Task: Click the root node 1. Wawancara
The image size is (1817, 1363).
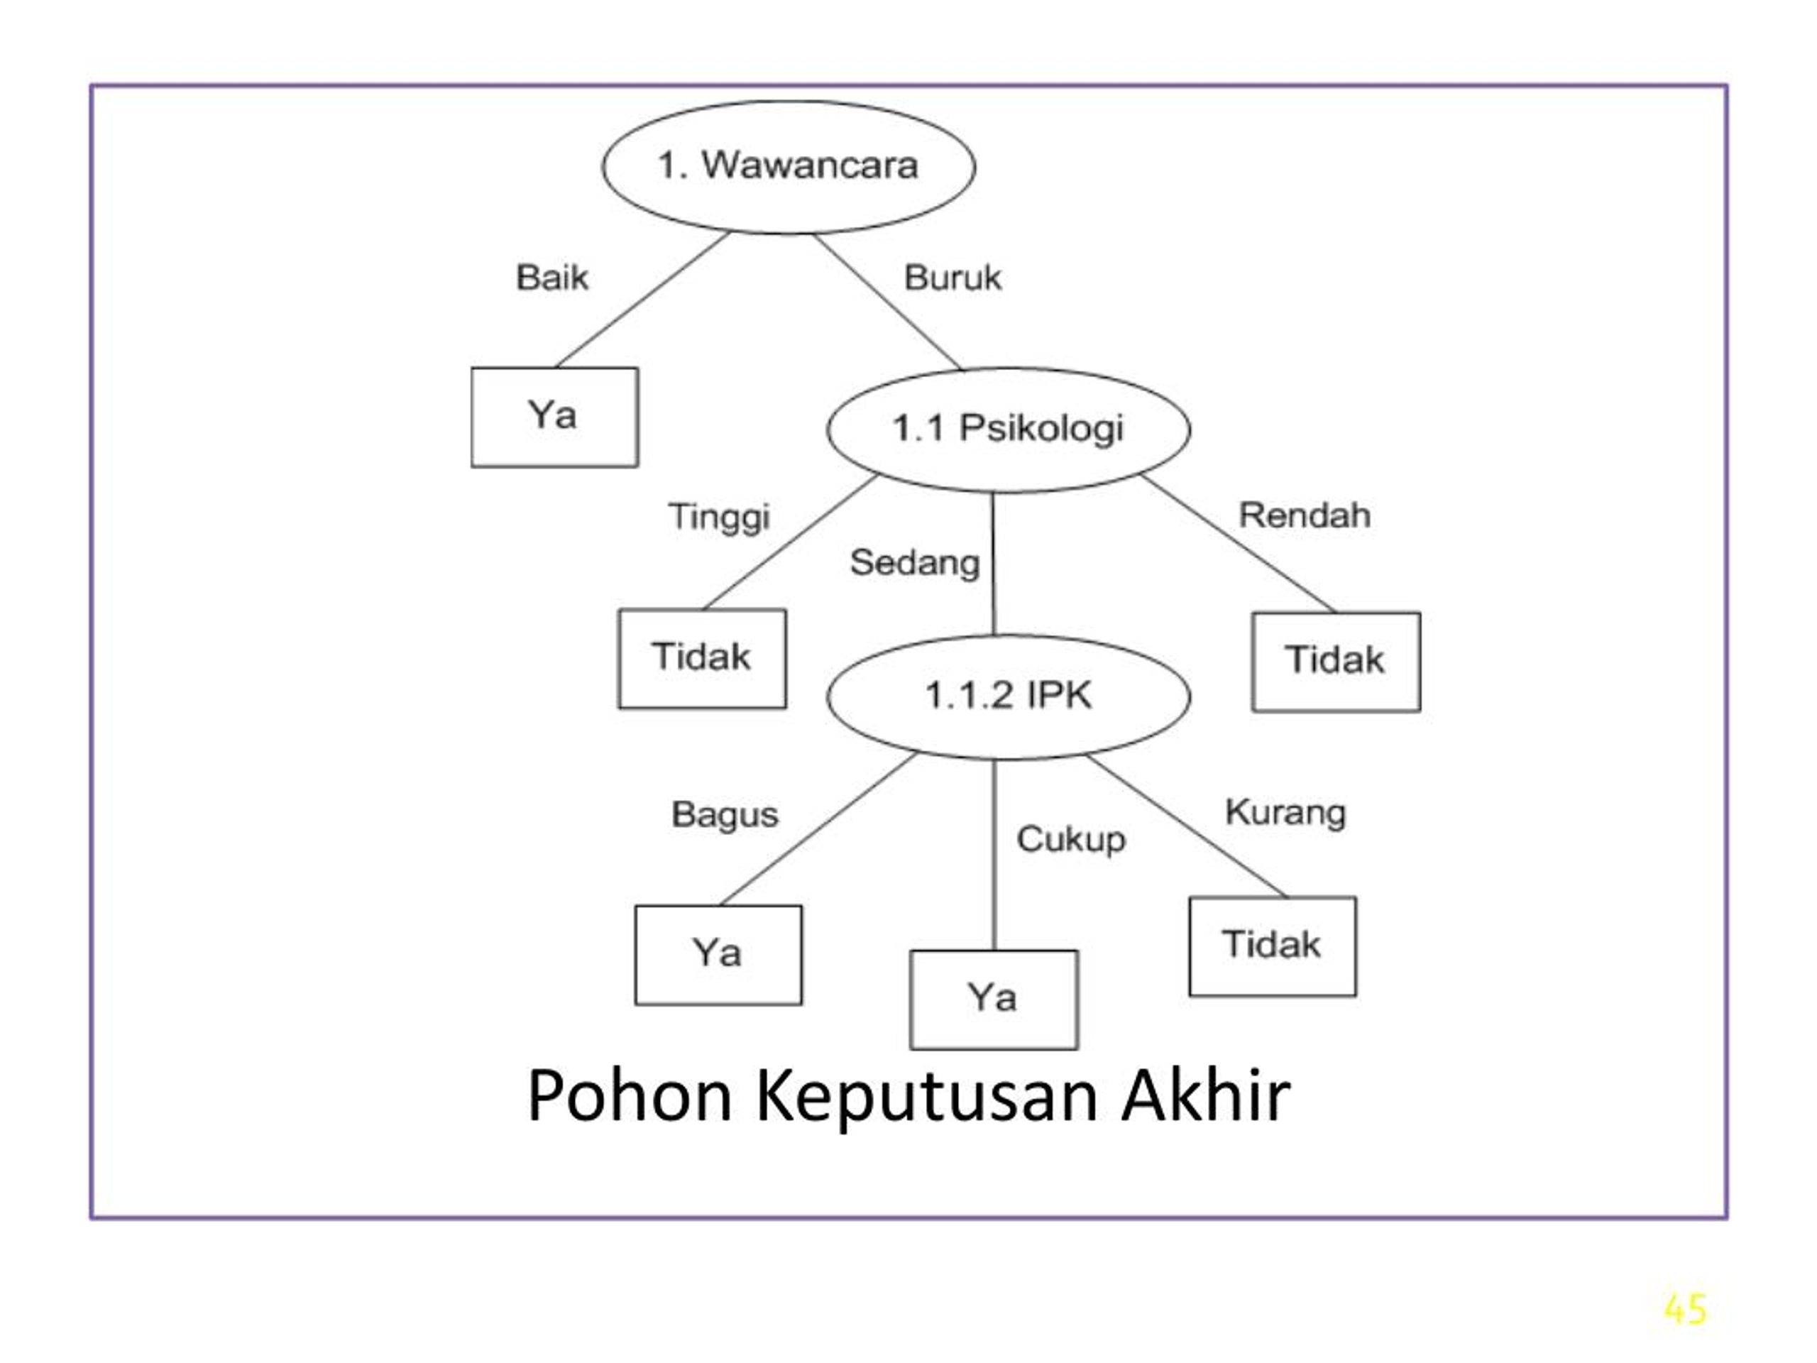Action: (789, 167)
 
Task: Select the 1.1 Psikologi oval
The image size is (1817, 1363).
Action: (1009, 429)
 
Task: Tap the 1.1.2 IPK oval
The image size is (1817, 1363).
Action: (1009, 696)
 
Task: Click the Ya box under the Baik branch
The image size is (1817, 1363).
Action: (554, 417)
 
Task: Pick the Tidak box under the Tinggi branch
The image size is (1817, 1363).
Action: (703, 659)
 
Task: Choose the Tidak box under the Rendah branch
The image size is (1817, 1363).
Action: (1336, 662)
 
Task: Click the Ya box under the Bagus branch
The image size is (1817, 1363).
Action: (719, 956)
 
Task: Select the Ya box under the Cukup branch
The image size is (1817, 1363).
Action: (994, 1000)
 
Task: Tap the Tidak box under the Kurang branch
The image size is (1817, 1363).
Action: (1273, 946)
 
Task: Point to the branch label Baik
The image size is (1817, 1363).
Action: (552, 278)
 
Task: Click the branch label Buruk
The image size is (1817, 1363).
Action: (953, 278)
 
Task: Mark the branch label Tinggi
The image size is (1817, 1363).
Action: (720, 518)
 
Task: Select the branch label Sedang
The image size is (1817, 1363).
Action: (915, 564)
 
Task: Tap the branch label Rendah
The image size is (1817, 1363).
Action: (1305, 516)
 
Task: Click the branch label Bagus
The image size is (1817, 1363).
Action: (725, 816)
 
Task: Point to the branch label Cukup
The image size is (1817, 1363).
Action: (1071, 841)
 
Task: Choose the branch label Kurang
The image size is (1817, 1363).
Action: (1285, 814)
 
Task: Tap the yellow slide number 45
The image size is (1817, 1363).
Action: (1686, 1310)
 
